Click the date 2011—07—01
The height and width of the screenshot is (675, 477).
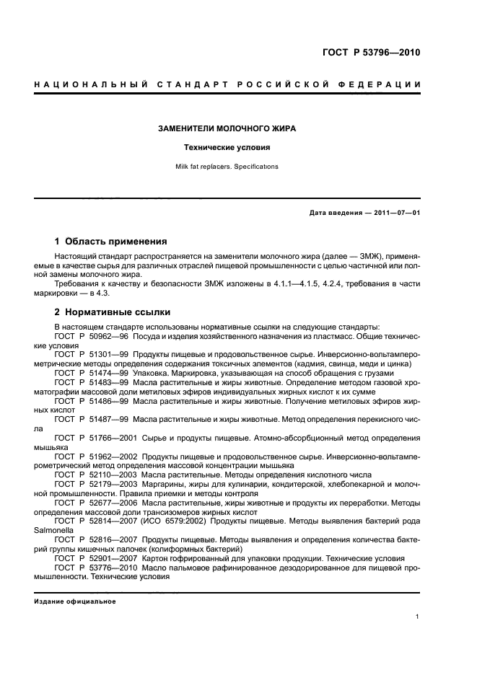pyautogui.click(x=398, y=212)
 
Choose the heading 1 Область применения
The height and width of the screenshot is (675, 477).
pyautogui.click(x=111, y=241)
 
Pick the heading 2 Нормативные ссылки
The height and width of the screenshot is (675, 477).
pyautogui.click(x=113, y=312)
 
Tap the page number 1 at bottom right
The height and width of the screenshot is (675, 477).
pyautogui.click(x=419, y=617)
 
